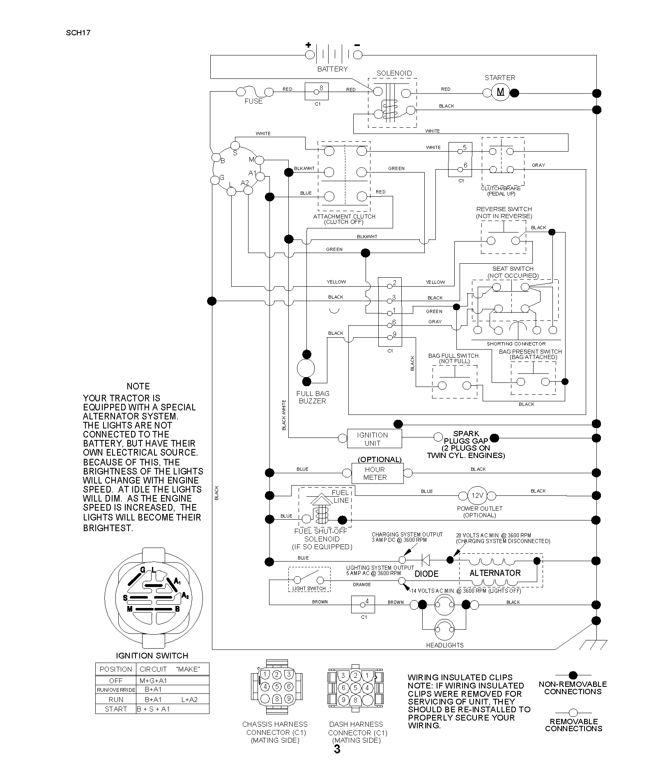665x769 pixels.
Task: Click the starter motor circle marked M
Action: pos(500,92)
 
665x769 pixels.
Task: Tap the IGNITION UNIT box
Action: pos(374,439)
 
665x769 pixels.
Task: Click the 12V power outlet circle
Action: pos(477,495)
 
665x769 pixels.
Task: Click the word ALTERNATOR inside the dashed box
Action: pos(495,573)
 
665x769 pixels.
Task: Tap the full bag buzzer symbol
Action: pos(306,368)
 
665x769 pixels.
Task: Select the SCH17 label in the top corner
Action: pos(78,33)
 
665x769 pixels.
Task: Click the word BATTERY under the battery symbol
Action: pos(332,69)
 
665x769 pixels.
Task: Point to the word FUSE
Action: pos(253,101)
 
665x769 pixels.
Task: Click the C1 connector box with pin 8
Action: pos(317,91)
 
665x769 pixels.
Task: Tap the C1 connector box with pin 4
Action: pos(363,604)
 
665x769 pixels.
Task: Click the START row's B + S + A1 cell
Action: pos(153,709)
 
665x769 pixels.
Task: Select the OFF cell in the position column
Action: pos(116,680)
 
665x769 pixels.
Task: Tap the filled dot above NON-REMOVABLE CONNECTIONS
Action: pos(573,675)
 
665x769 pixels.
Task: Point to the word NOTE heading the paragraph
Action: pos(138,386)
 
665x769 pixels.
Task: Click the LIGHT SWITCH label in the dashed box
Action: pos(309,588)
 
